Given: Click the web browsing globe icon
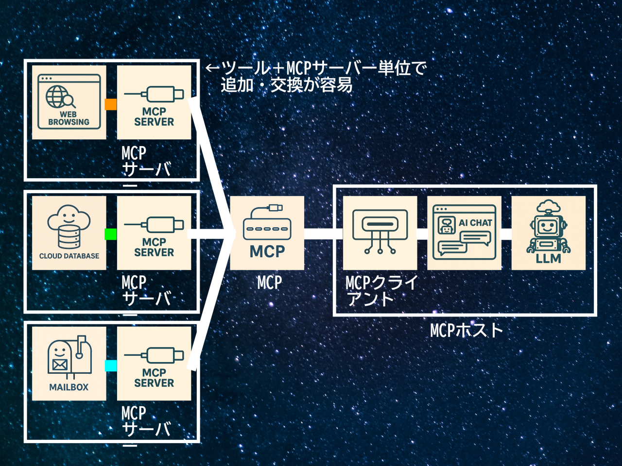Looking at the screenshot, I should [x=69, y=102].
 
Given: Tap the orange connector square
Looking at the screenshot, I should [x=111, y=104].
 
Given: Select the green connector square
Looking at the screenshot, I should [x=111, y=234].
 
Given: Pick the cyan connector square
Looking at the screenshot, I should [x=111, y=366].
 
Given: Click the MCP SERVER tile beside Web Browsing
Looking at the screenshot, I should [x=154, y=102].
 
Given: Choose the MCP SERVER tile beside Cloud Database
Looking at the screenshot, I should [x=154, y=233].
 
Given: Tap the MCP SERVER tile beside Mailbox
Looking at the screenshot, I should [x=154, y=363].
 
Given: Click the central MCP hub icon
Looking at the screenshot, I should [x=267, y=233].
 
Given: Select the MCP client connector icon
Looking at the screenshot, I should [x=380, y=233].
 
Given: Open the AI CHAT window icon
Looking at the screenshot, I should [x=464, y=233].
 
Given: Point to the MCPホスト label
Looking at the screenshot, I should [x=466, y=331].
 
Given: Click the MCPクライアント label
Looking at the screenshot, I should [x=381, y=290].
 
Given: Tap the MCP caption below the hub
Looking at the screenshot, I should [x=269, y=283].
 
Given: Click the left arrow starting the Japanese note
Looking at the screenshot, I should [x=212, y=68].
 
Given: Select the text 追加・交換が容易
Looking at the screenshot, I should [x=287, y=85].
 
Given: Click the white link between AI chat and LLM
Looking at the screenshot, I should [x=506, y=234].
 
